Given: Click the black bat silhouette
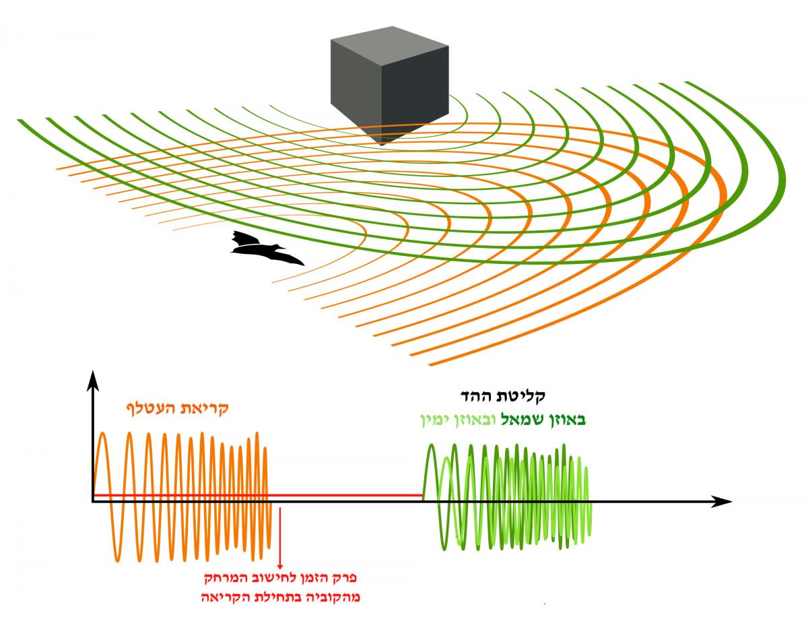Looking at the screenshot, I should pyautogui.click(x=263, y=250).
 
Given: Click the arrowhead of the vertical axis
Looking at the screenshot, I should pyautogui.click(x=92, y=381).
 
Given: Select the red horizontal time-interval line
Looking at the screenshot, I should pyautogui.click(x=256, y=496).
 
